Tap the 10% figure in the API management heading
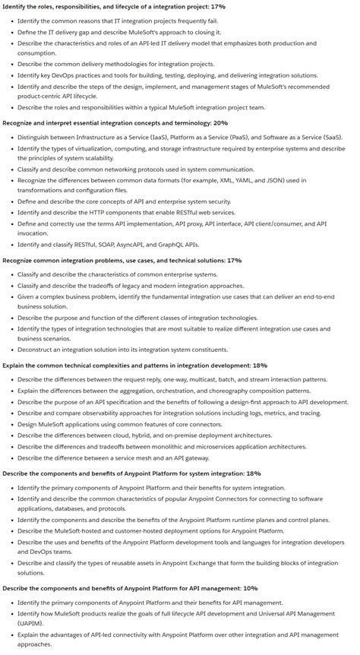(x=250, y=587)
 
